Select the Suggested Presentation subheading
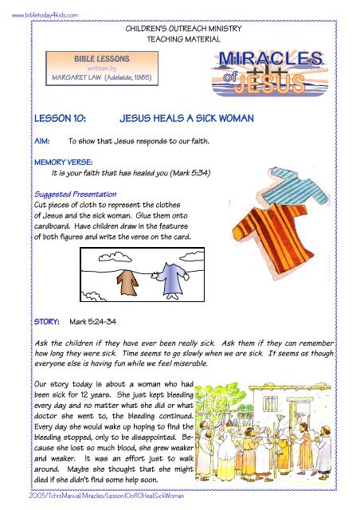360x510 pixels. coord(73,194)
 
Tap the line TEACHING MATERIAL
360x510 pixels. coord(179,38)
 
